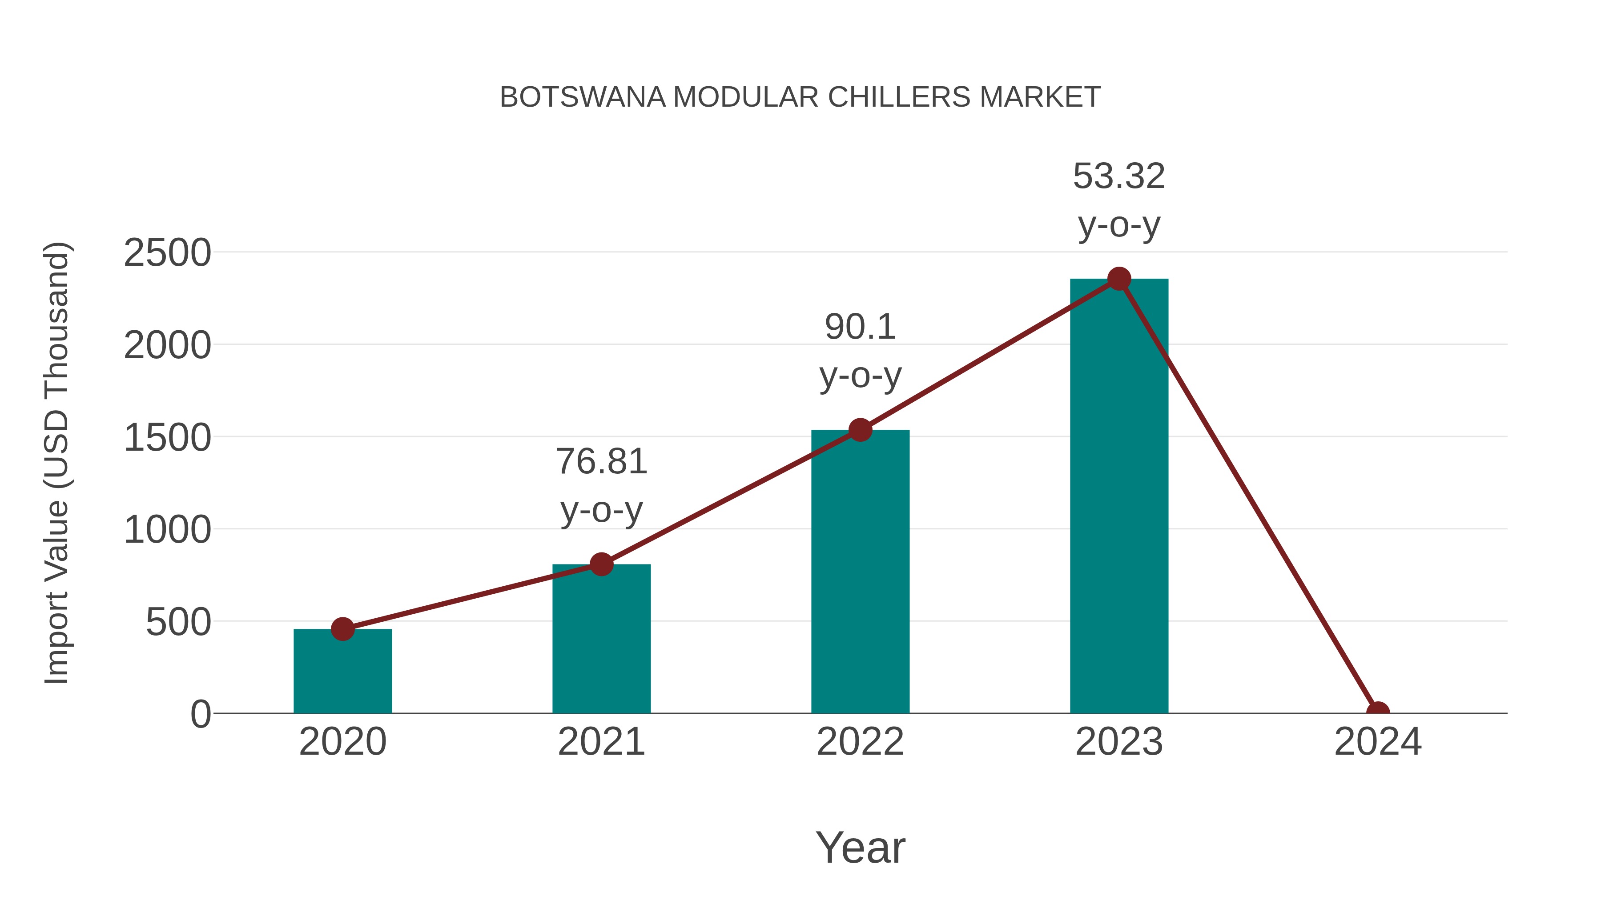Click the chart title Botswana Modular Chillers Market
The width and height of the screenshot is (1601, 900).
[x=800, y=97]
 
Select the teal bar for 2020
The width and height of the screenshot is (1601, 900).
[x=342, y=674]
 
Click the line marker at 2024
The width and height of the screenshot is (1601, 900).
[x=1377, y=712]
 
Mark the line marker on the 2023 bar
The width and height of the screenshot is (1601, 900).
[x=1119, y=279]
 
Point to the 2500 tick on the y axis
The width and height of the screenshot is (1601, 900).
[x=167, y=253]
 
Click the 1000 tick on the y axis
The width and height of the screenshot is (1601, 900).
[x=167, y=530]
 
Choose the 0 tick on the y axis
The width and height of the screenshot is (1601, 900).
[x=201, y=714]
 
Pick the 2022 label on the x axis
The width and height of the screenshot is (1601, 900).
[x=860, y=742]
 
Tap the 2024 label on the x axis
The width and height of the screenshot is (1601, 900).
[x=1377, y=742]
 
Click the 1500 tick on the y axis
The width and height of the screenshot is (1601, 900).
[x=167, y=437]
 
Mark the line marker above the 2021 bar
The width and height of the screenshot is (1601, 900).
[x=601, y=564]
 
